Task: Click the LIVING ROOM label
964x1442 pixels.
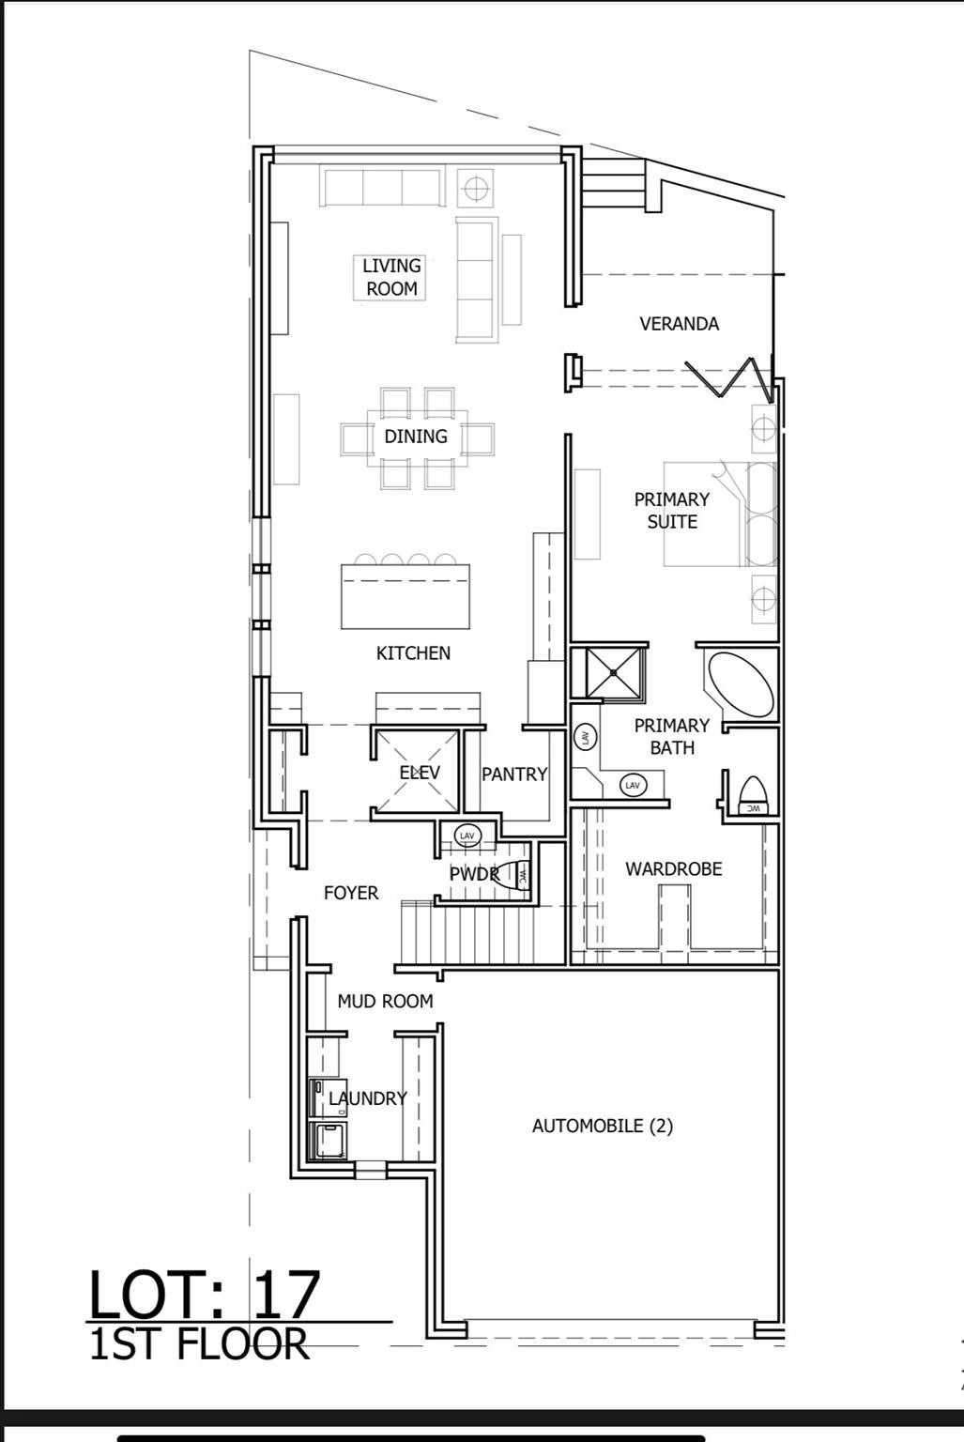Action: pyautogui.click(x=391, y=277)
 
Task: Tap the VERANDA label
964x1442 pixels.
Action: pyautogui.click(x=679, y=324)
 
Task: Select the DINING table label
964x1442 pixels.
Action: pyautogui.click(x=416, y=437)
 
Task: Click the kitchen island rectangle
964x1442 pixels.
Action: pyautogui.click(x=405, y=596)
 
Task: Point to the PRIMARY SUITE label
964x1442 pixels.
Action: pyautogui.click(x=672, y=510)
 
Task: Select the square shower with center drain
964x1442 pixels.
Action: pyautogui.click(x=614, y=672)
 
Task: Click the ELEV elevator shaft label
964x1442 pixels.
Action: pyautogui.click(x=419, y=773)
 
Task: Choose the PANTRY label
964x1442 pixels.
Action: pyautogui.click(x=513, y=775)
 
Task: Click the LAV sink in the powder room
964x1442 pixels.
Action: pyautogui.click(x=467, y=835)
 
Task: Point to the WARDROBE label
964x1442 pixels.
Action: pyautogui.click(x=674, y=869)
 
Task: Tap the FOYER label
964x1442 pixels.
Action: pyautogui.click(x=351, y=893)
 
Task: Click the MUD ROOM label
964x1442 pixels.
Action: pyautogui.click(x=385, y=1002)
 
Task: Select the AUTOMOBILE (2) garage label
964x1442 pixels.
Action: pyautogui.click(x=602, y=1126)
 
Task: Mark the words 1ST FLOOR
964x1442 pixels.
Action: pyautogui.click(x=199, y=1343)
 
